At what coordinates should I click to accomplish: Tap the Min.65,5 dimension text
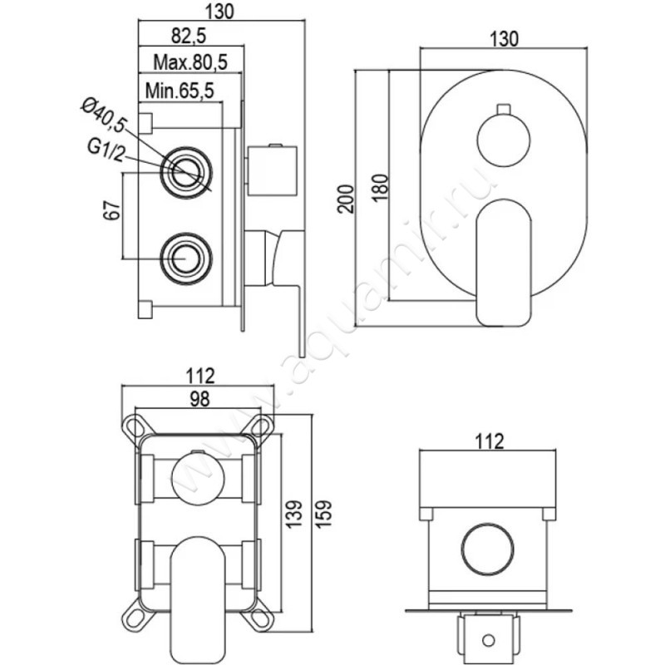[x=180, y=91]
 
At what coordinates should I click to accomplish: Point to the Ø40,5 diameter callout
[x=103, y=115]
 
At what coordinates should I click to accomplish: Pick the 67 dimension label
[x=107, y=214]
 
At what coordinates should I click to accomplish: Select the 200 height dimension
[x=347, y=196]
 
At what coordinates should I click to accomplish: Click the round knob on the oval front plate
[x=503, y=141]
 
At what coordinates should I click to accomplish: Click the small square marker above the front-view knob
[x=502, y=109]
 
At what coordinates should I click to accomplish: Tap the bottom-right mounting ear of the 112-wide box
[x=261, y=620]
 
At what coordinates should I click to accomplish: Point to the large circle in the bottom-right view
[x=487, y=549]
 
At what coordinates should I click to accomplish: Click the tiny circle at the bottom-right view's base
[x=487, y=641]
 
